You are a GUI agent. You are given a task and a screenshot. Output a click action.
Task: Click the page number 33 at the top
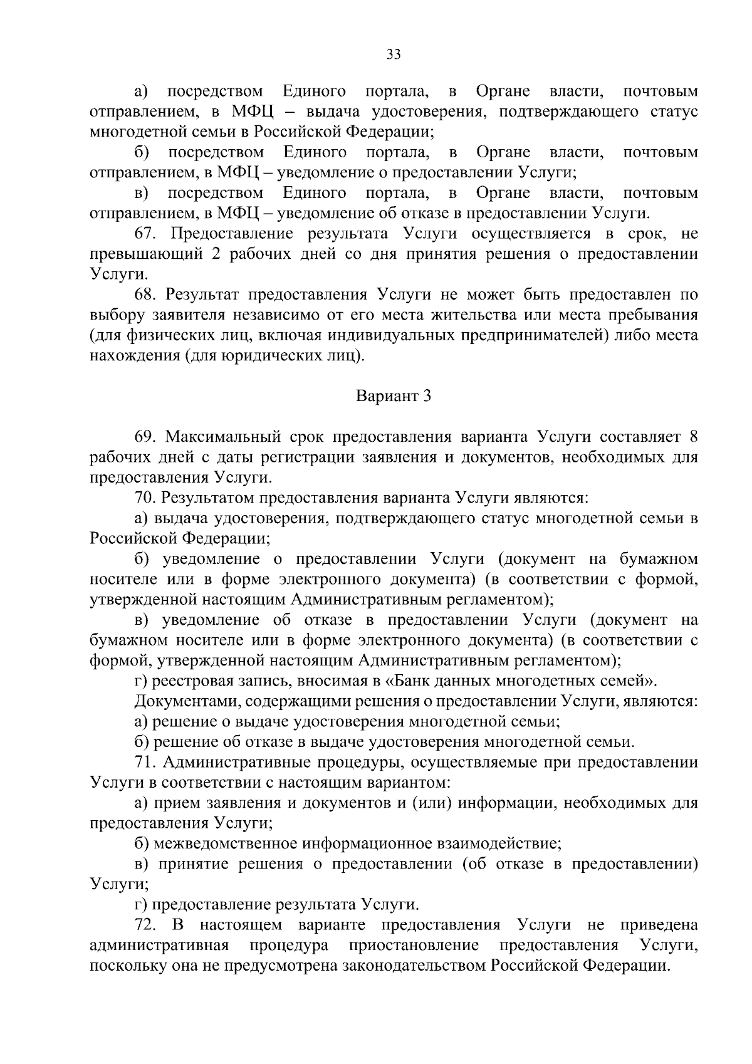pyautogui.click(x=394, y=54)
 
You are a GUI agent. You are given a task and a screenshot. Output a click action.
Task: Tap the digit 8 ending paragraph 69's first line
pyautogui.click(x=692, y=437)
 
